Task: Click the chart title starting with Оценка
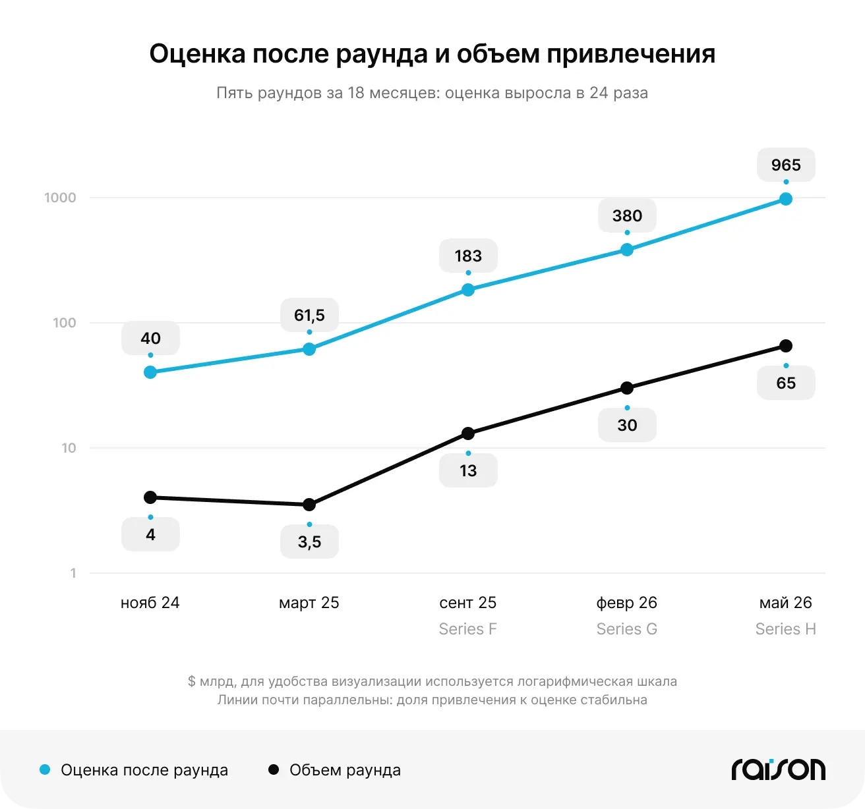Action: (432, 54)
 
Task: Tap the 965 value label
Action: (786, 165)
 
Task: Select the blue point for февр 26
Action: (627, 250)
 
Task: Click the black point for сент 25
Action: (468, 433)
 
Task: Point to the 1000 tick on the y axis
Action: (60, 198)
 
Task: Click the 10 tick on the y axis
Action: (69, 448)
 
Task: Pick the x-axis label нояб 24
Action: (150, 603)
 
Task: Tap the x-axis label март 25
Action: (309, 603)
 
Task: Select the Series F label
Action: (468, 628)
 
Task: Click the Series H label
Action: (786, 628)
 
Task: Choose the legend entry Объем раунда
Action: (334, 770)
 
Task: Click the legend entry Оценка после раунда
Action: (134, 770)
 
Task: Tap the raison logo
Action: (779, 769)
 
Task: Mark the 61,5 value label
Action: (309, 316)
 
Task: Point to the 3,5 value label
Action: (309, 542)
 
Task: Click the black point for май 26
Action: (786, 346)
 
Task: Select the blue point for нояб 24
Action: (150, 372)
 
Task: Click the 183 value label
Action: (468, 256)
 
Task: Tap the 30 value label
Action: (627, 425)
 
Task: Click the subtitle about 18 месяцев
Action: (432, 93)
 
